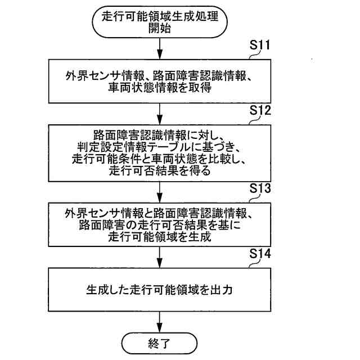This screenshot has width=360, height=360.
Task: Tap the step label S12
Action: pos(260,111)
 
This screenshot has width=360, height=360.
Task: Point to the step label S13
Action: pos(260,189)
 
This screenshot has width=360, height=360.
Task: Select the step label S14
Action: pos(260,254)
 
